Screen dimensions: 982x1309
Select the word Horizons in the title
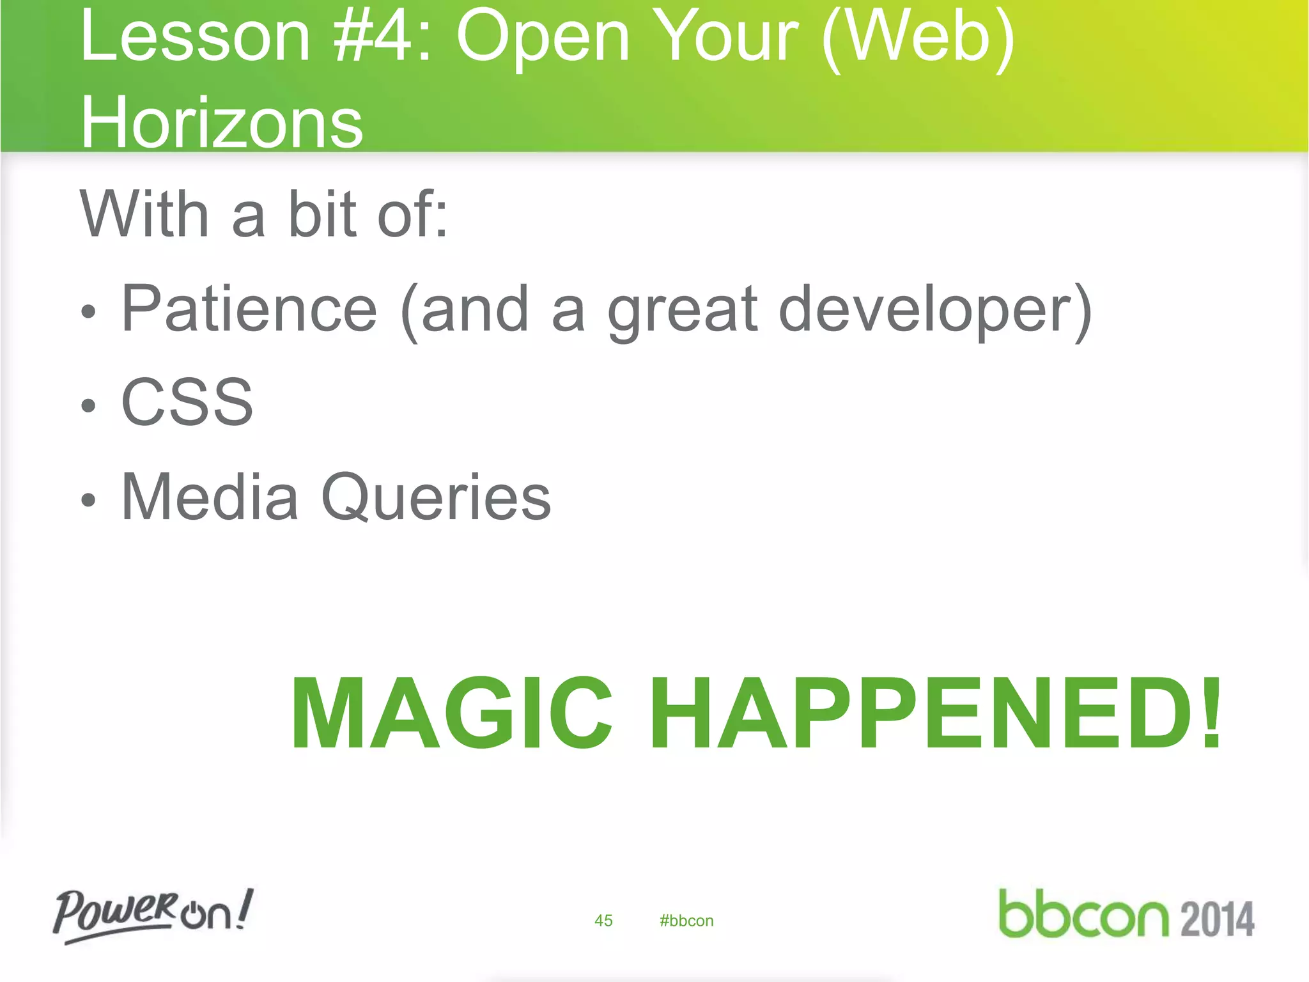click(222, 121)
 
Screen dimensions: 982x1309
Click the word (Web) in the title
click(918, 38)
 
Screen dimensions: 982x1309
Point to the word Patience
click(249, 309)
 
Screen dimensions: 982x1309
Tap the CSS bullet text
click(187, 402)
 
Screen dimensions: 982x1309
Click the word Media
click(210, 497)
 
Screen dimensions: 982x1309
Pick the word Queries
click(436, 498)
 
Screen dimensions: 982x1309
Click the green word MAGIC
click(451, 713)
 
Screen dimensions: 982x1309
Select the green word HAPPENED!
click(936, 713)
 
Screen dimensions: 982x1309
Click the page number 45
click(603, 921)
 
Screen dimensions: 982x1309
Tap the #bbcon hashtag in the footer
click(686, 921)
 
